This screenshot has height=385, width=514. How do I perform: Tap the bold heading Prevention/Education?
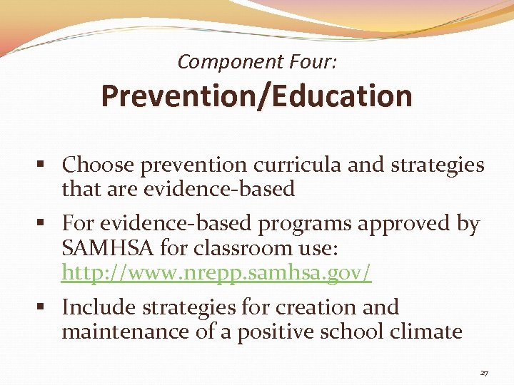tap(256, 96)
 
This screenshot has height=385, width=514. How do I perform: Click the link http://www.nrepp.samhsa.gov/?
tap(217, 272)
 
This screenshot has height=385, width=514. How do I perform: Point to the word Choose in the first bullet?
tap(98, 165)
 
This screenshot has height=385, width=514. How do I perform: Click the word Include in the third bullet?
tap(98, 307)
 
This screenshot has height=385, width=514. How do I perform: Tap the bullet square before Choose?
tap(45, 166)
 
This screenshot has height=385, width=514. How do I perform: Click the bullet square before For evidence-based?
tap(45, 225)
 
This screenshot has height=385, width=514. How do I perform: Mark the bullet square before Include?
tap(45, 308)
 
